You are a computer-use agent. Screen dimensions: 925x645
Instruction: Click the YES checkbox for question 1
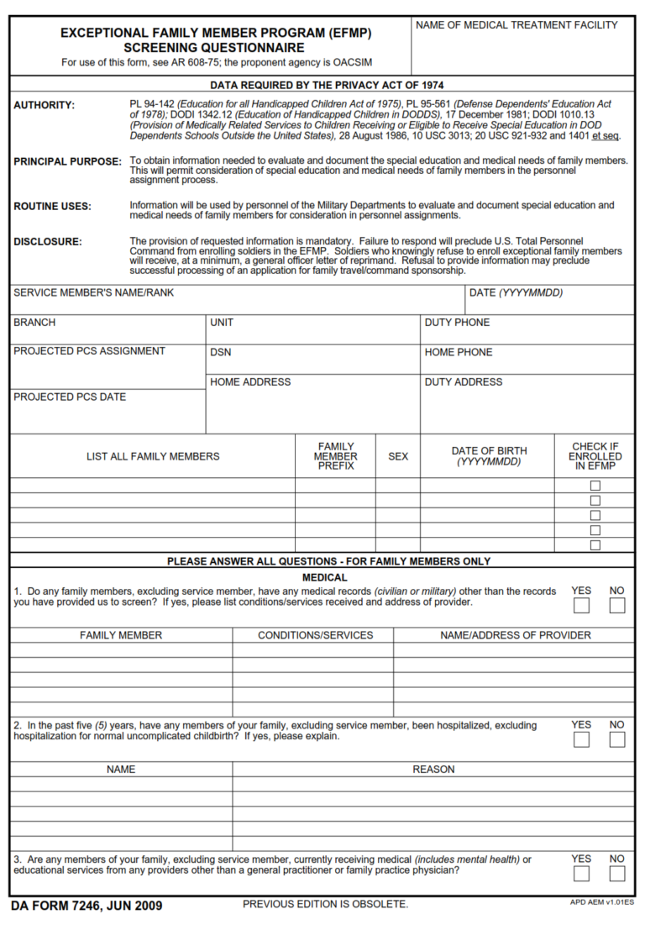tap(581, 606)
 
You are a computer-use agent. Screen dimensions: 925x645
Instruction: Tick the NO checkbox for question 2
tap(617, 739)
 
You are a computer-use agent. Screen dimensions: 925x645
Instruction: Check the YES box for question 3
tap(581, 874)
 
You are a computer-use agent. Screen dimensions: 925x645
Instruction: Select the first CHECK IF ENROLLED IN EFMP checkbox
tap(595, 486)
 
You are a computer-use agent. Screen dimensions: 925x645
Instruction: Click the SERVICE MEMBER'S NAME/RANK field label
tap(93, 293)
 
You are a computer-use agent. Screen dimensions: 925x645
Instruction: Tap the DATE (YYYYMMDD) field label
tap(516, 293)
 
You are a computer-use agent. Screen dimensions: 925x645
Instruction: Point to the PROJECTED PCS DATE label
tap(70, 397)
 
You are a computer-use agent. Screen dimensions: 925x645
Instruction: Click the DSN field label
tap(221, 352)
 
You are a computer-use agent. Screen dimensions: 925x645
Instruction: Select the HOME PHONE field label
tap(459, 352)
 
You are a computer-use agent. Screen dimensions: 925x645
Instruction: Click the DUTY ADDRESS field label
tap(464, 381)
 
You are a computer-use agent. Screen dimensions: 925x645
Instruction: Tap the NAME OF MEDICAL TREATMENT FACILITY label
tap(517, 25)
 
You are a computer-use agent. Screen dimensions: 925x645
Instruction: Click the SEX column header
tap(398, 456)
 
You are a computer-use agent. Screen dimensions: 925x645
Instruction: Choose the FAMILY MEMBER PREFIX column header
tap(335, 456)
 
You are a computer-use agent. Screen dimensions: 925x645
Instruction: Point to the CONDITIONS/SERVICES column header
tap(315, 635)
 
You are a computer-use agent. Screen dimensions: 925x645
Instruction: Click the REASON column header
tap(433, 769)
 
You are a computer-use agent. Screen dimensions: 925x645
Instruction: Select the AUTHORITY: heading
tap(44, 105)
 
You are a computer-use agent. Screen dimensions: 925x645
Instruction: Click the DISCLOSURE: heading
tap(48, 242)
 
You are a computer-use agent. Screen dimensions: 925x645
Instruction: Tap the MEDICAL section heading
tap(324, 577)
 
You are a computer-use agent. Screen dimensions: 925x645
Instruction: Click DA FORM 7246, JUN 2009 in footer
tap(87, 906)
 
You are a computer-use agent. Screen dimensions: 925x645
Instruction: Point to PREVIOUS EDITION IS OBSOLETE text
tap(325, 904)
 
